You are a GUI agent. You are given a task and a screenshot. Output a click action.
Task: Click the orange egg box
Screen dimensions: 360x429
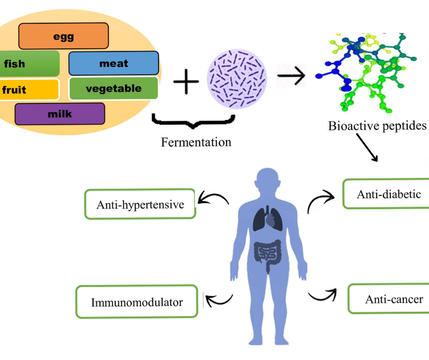click(63, 36)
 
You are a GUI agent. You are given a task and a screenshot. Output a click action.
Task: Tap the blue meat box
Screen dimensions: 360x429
click(114, 63)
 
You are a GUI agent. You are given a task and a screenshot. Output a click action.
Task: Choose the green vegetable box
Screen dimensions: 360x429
click(113, 88)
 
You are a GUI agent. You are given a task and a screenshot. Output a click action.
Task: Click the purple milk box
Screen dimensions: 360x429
click(60, 114)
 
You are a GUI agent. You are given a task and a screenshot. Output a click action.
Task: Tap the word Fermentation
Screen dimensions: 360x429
click(196, 142)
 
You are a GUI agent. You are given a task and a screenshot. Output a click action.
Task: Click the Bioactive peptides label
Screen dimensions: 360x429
click(377, 126)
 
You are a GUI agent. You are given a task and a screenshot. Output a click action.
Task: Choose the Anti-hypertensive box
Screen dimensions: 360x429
click(140, 204)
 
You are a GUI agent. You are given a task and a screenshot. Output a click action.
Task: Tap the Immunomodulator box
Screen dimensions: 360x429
click(136, 302)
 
